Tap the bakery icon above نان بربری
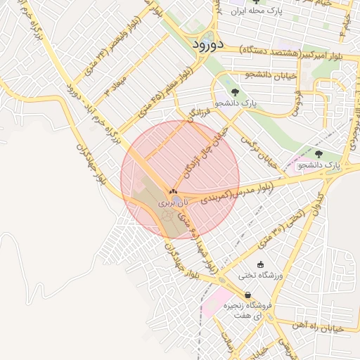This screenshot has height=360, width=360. pyautogui.click(x=173, y=192)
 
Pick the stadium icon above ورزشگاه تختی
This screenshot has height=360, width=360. pyautogui.click(x=261, y=265)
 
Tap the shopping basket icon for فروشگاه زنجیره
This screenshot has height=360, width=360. pyautogui.click(x=247, y=295)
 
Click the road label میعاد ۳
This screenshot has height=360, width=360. pyautogui.click(x=117, y=82)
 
